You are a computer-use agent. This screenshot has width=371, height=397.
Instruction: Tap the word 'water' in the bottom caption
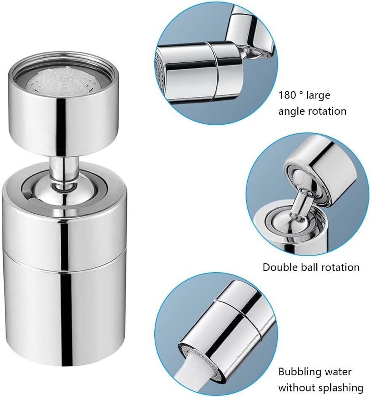[x=338, y=372]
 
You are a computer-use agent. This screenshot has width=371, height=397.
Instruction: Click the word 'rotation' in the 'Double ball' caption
[x=339, y=267]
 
